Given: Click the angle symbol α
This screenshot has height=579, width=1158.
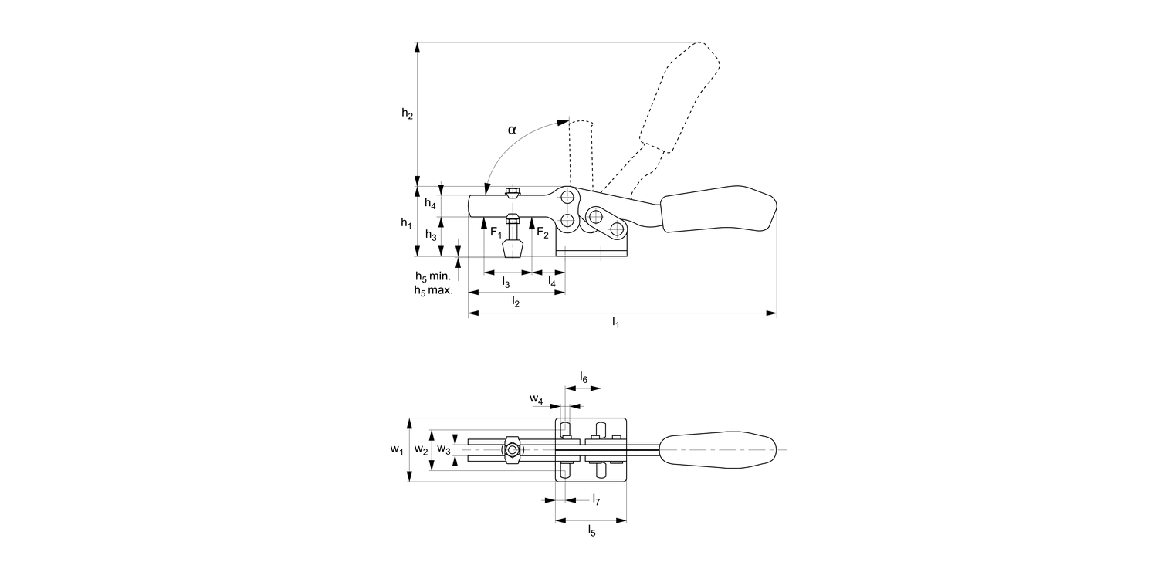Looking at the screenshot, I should point(512,130).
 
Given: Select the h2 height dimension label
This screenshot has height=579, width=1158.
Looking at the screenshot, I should point(407,113).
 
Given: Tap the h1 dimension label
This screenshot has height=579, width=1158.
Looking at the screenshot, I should point(406,222).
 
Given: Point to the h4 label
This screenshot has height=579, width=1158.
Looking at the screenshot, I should point(430,205).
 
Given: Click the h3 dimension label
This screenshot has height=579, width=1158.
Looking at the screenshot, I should point(431,235).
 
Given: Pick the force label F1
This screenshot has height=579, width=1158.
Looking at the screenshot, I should point(496,232).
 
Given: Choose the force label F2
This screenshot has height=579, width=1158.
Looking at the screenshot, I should point(543,232).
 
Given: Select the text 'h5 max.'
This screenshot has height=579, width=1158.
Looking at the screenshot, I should point(433,290).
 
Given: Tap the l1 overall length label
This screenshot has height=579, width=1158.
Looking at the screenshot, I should point(615,322).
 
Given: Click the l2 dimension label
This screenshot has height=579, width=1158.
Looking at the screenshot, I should point(516,302).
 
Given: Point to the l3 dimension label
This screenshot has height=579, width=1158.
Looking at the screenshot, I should point(506,282).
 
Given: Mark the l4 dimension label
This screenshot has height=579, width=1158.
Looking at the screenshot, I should point(551,282).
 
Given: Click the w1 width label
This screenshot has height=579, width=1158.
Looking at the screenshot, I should point(396,449).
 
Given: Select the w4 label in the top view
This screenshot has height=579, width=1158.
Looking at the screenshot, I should point(536,399).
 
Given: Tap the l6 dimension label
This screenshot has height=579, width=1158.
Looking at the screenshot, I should point(584,378).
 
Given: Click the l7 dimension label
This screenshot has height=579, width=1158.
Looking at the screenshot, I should point(596,500).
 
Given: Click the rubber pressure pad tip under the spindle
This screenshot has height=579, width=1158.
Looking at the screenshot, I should point(512,249).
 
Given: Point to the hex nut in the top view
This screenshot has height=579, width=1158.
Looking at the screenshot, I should point(511,449).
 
